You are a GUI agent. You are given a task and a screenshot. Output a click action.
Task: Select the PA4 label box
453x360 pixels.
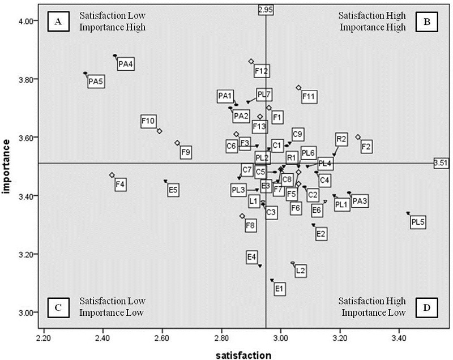coord(126,65)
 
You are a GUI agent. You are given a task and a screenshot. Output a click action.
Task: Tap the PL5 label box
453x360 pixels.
coord(418,222)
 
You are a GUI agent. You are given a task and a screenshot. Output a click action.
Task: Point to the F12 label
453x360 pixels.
coord(262,71)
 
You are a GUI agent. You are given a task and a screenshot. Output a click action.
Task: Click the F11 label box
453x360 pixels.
coord(309,97)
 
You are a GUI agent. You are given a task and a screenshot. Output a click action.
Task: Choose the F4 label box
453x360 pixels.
coord(120,185)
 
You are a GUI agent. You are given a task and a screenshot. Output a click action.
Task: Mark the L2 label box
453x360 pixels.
coord(301,271)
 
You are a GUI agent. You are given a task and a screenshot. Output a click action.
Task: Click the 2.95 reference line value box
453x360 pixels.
coord(266,10)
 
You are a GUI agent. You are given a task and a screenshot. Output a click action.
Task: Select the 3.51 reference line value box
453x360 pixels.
coord(441,163)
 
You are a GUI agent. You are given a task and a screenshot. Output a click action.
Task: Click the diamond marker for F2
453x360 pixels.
coord(358,137)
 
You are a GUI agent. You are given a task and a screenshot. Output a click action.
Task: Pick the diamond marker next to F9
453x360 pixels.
coord(177,143)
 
